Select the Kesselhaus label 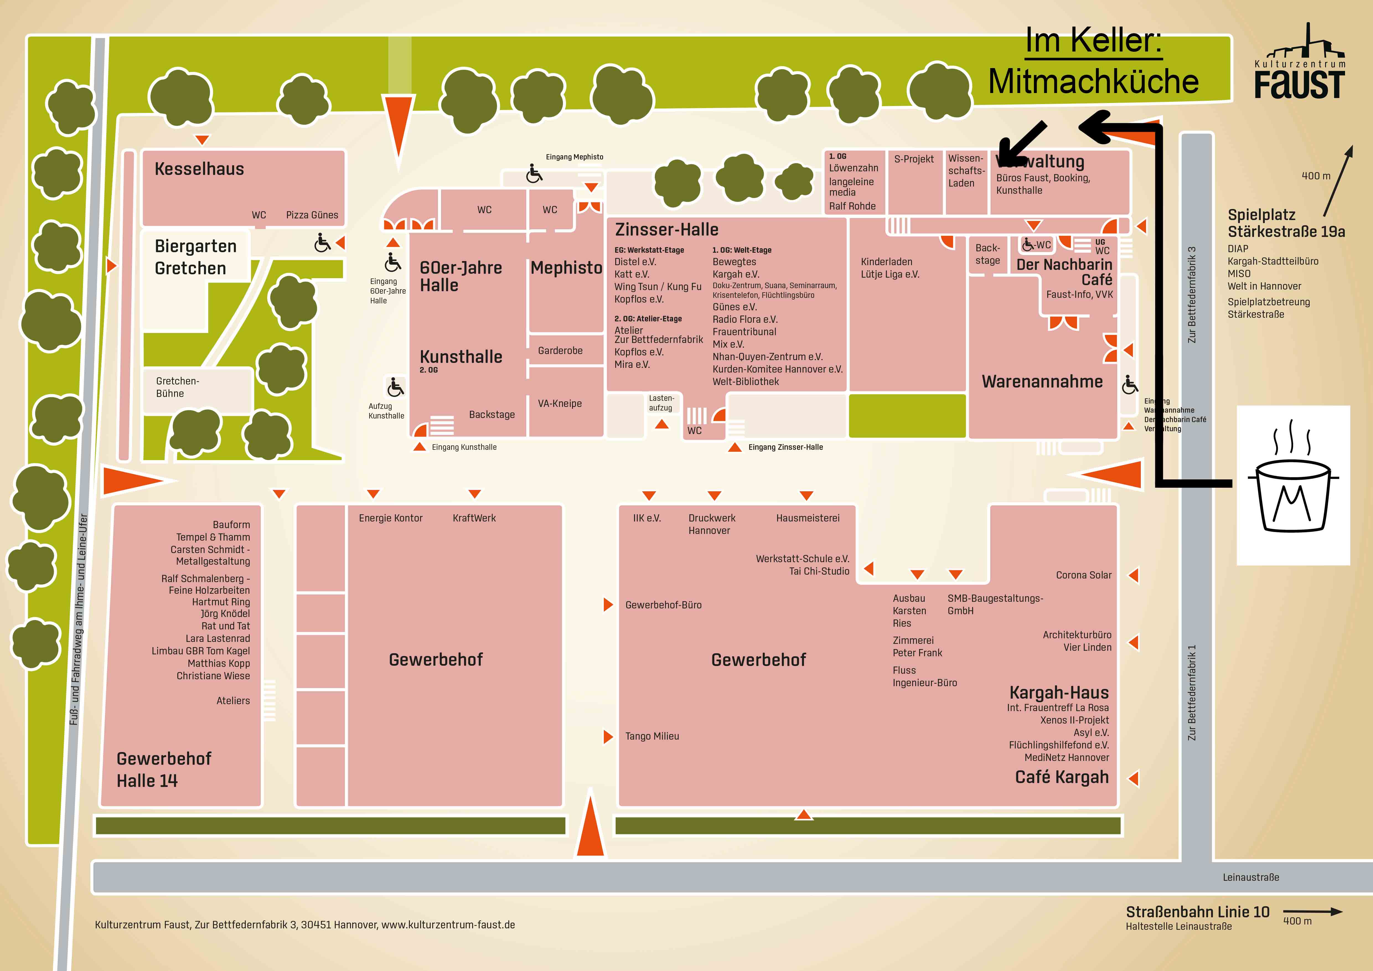(199, 169)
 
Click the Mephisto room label (566, 268)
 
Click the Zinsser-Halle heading (666, 229)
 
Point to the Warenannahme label (1042, 381)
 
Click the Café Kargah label (1061, 777)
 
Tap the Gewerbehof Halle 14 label (163, 769)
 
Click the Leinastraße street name (1250, 877)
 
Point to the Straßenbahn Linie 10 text (1197, 912)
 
